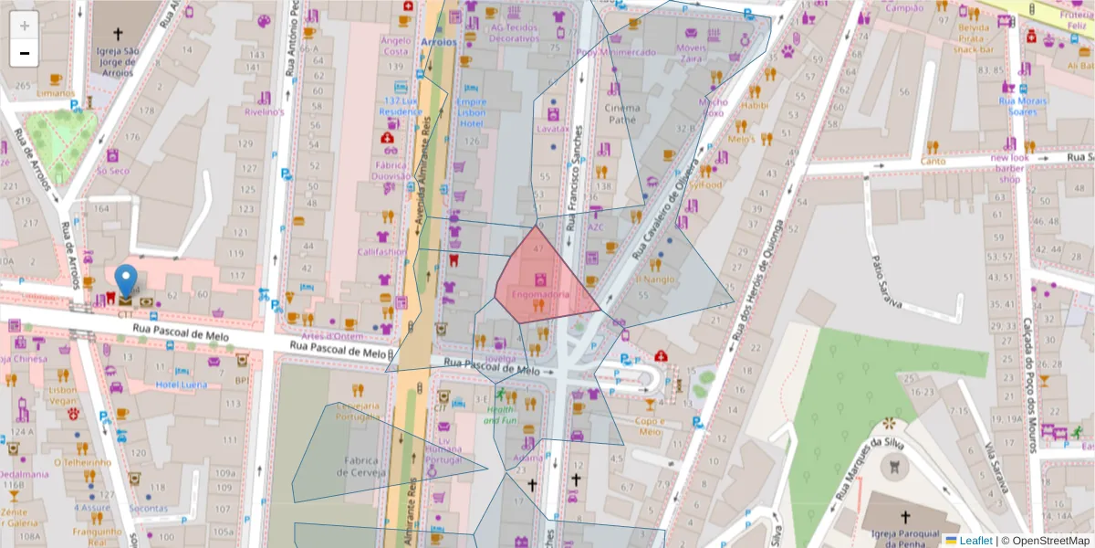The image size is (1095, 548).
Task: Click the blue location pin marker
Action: click(126, 279)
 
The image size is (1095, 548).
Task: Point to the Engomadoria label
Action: click(540, 295)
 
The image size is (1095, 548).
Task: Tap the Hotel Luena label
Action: click(181, 385)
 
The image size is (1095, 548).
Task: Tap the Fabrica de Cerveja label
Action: click(363, 467)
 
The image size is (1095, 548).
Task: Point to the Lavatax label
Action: click(553, 130)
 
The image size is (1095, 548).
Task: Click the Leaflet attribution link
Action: click(975, 541)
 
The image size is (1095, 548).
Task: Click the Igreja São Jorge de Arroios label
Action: click(118, 61)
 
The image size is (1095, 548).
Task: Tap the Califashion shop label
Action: click(381, 252)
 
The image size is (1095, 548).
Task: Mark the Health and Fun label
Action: click(500, 416)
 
